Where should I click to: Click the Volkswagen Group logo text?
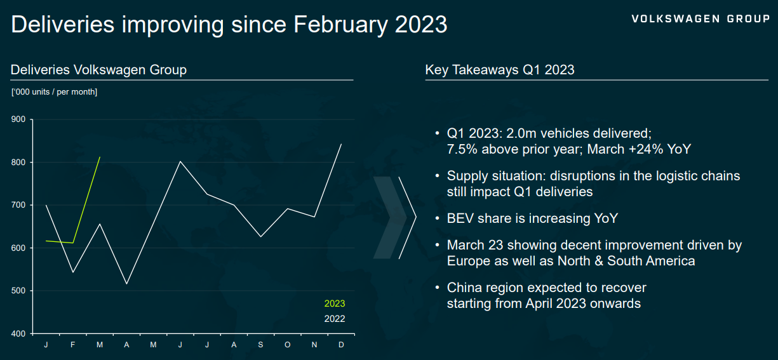(701, 19)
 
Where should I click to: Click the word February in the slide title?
(340, 25)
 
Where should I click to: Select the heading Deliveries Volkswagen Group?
(98, 70)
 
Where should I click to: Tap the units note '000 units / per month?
(54, 92)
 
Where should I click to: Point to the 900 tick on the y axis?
(18, 119)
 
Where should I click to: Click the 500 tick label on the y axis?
(18, 291)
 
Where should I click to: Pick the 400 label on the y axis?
(18, 333)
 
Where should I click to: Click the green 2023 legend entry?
(335, 303)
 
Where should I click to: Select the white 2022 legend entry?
(335, 319)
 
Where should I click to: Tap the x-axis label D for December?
(341, 345)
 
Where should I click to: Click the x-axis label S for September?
(260, 345)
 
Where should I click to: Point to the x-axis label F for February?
(72, 345)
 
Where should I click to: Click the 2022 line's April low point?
(127, 284)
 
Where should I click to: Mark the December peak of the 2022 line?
(341, 144)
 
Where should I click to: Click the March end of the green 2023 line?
(100, 157)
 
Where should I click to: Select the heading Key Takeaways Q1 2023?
(500, 70)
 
